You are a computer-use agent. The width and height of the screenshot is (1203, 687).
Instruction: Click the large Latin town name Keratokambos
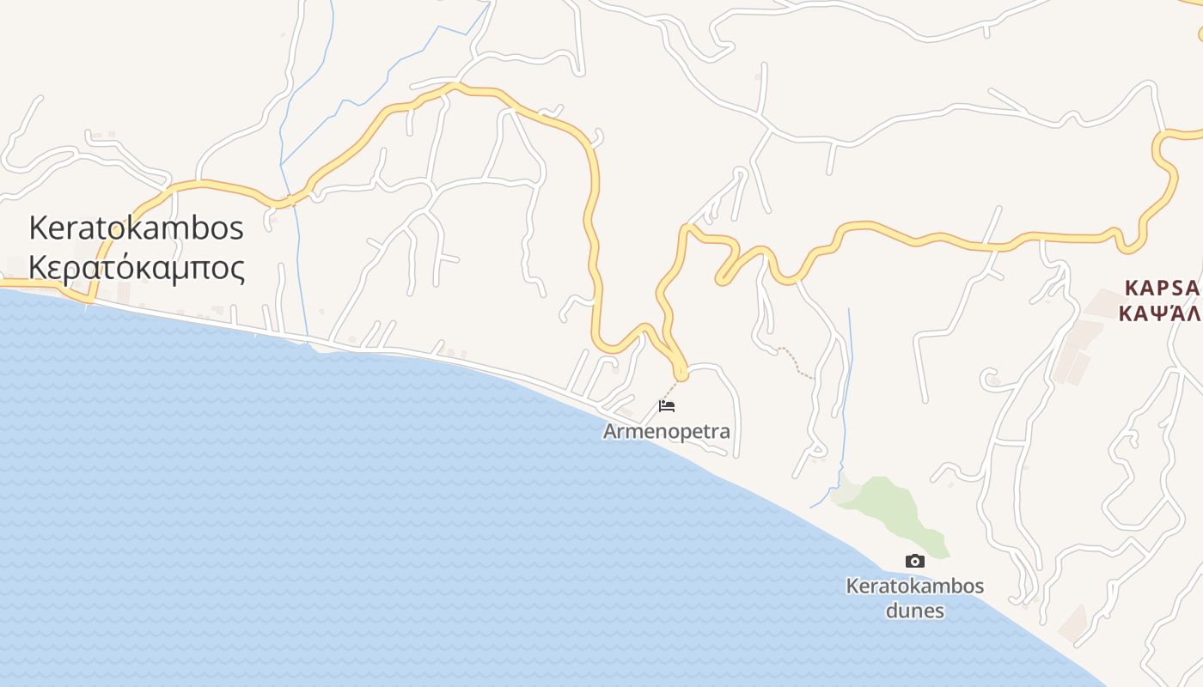click(137, 228)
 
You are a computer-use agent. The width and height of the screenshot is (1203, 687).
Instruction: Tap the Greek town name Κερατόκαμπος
click(137, 267)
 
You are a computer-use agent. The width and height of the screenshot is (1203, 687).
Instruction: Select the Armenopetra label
click(666, 431)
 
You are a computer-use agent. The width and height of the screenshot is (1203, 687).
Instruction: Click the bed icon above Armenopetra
click(666, 405)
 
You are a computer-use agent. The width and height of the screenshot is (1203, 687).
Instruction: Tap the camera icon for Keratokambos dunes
click(914, 561)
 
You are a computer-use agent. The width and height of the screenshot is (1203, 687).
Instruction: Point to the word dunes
click(914, 611)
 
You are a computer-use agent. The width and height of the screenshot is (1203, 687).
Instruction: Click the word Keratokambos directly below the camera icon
click(914, 587)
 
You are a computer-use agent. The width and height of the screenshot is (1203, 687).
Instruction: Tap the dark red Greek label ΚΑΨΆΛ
click(1159, 312)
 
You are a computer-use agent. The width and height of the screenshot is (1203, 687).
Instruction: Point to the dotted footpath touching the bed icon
click(670, 390)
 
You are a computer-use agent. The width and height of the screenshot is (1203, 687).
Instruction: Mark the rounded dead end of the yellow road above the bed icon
click(681, 374)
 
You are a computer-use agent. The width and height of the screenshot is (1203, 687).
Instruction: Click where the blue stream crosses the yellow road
click(293, 201)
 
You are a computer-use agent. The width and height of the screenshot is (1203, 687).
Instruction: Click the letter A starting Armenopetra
click(610, 431)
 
